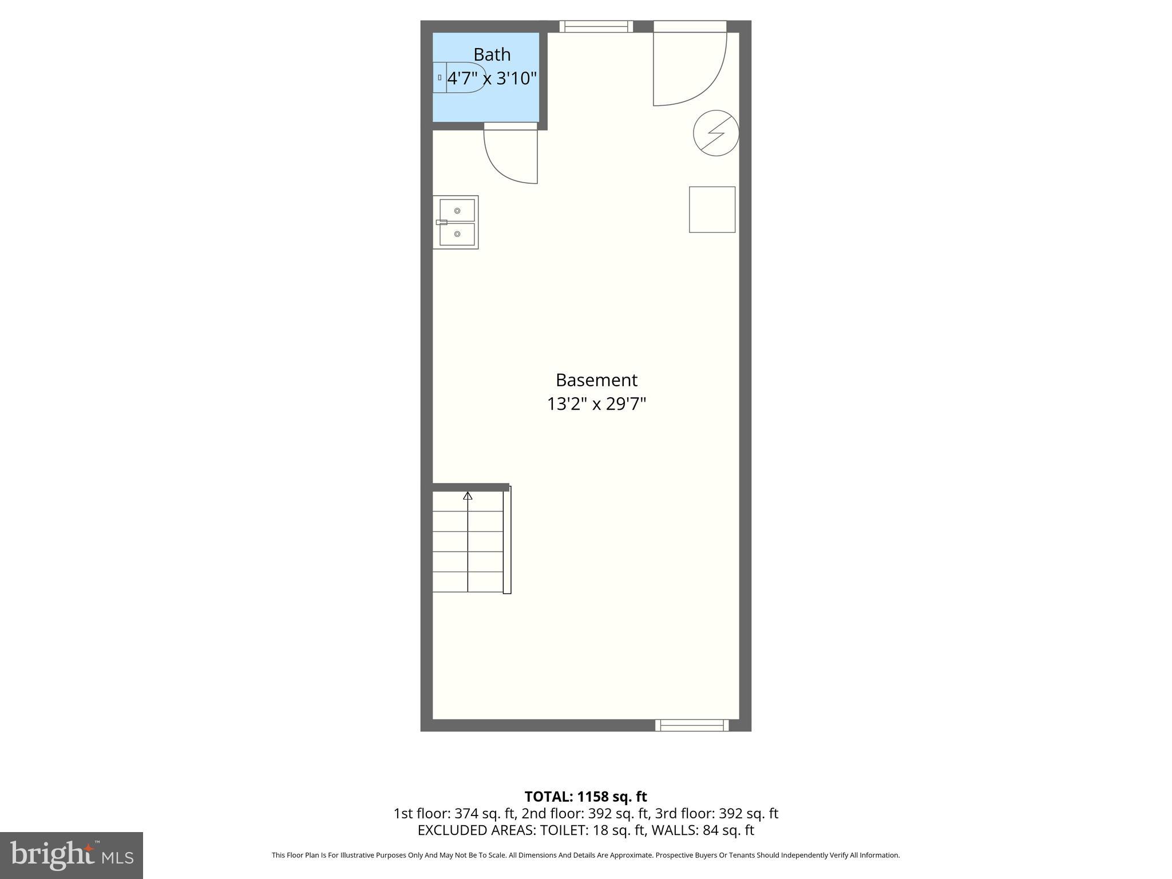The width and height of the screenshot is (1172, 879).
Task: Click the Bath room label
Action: point(492,55)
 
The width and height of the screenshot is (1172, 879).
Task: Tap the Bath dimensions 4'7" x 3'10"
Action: point(492,78)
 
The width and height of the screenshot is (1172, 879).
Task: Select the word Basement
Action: point(596,380)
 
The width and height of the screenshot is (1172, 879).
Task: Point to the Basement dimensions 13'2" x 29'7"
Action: point(596,404)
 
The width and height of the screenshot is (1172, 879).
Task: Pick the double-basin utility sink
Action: point(456,222)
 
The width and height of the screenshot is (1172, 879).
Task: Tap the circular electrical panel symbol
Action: point(716,133)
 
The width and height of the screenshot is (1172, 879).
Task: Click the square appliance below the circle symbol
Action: point(712,209)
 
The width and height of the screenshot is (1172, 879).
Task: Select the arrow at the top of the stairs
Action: point(468,496)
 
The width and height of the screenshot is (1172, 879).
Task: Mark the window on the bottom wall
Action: point(692,725)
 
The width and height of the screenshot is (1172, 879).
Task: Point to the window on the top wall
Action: point(596,26)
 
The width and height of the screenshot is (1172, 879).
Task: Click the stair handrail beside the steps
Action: point(507,540)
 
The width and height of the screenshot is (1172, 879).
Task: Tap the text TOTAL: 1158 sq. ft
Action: point(585,797)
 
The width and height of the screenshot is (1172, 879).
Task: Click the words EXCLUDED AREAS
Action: point(477,830)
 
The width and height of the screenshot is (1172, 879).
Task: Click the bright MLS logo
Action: point(72,856)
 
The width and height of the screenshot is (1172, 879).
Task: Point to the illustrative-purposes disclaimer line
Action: point(585,855)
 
